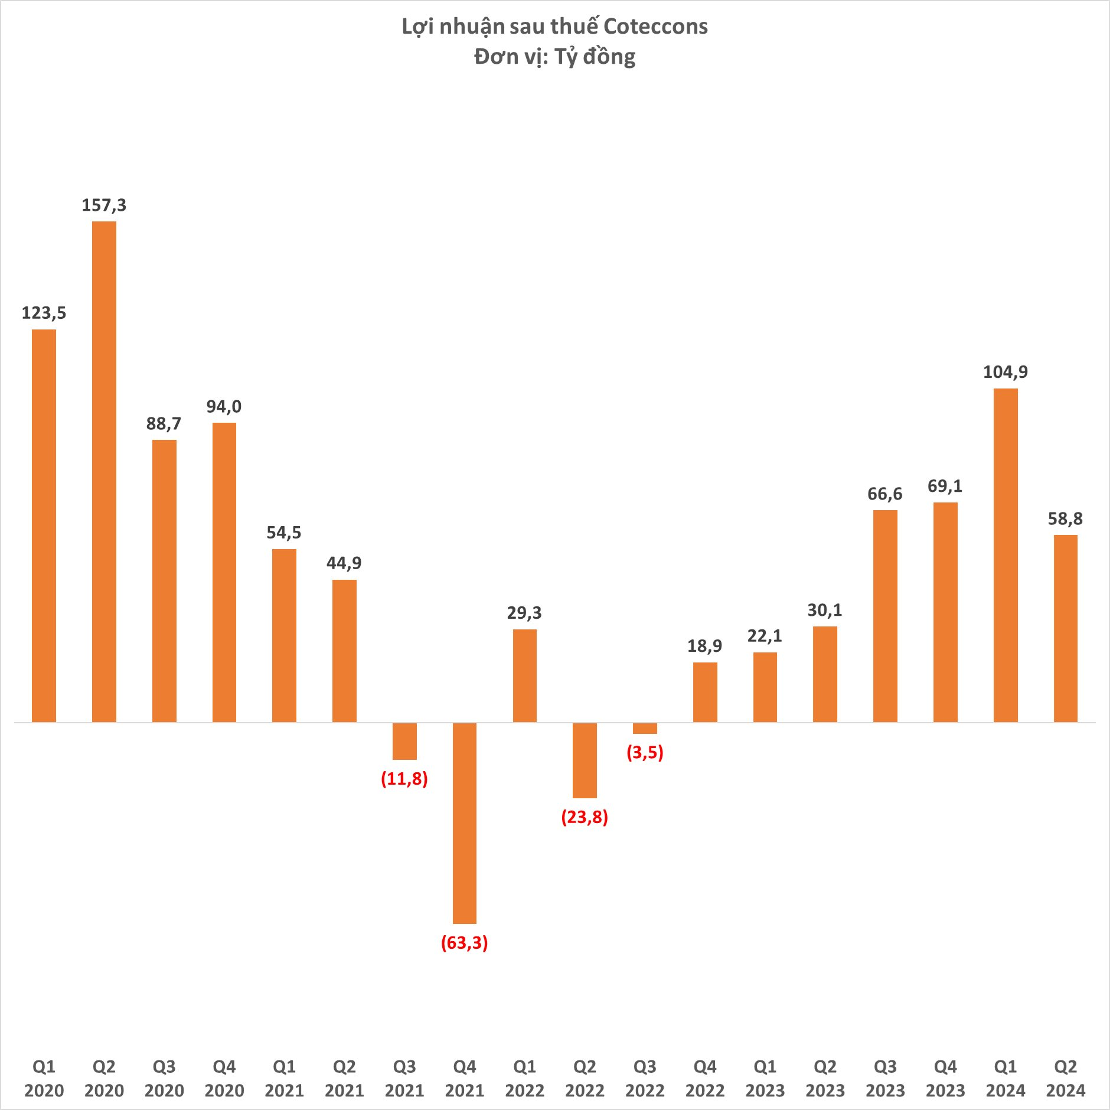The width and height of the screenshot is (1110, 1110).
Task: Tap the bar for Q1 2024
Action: click(x=1005, y=555)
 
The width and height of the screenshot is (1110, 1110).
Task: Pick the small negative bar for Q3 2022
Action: click(x=645, y=729)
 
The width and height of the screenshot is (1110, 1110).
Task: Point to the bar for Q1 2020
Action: click(x=44, y=525)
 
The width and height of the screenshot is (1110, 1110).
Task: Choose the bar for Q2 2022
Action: click(x=585, y=760)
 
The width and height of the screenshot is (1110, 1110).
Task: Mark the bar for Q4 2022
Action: click(x=705, y=692)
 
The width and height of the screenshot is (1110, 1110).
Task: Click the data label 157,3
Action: click(x=104, y=205)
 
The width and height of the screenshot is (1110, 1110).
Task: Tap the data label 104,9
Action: click(x=1005, y=372)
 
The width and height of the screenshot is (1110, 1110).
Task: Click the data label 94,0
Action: click(x=224, y=406)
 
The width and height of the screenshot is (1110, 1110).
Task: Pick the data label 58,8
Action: click(x=1065, y=518)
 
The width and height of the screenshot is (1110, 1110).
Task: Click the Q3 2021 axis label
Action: click(x=404, y=1078)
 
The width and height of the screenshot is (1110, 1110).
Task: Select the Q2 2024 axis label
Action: click(x=1065, y=1078)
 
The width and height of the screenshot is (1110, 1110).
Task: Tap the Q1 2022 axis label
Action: click(x=524, y=1078)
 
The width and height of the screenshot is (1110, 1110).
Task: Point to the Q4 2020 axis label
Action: click(x=224, y=1078)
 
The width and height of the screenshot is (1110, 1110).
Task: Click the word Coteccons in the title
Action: click(x=655, y=27)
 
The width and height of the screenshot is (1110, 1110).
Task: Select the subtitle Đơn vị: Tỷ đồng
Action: click(x=554, y=57)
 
